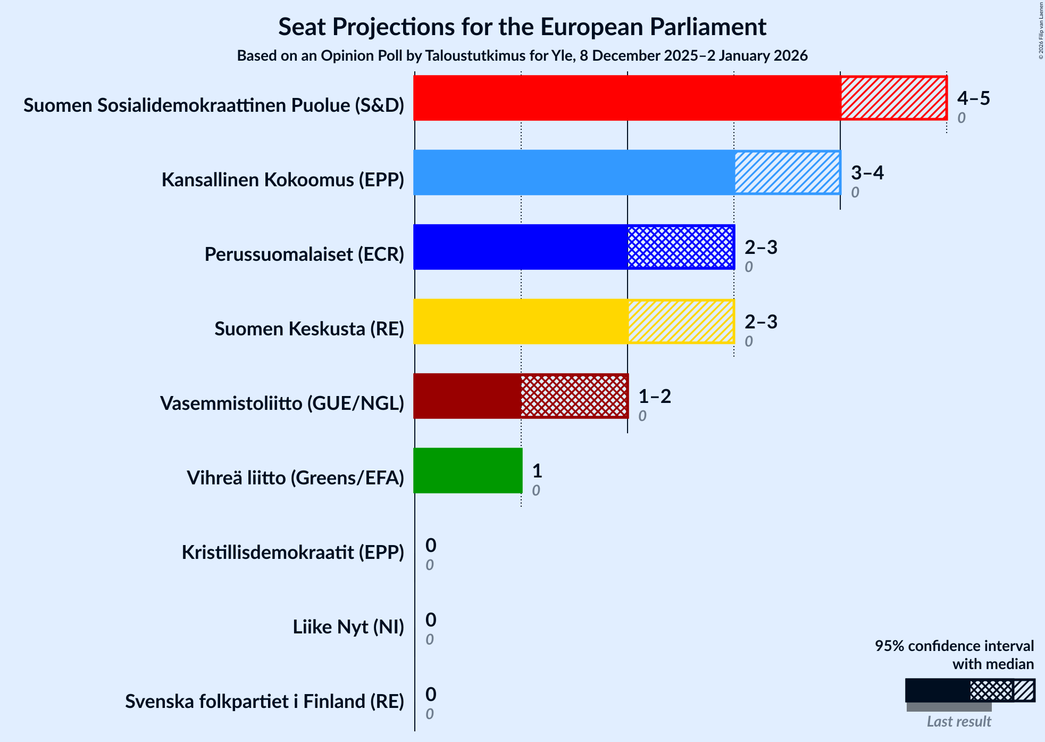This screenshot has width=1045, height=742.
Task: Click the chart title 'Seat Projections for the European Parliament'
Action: [522, 27]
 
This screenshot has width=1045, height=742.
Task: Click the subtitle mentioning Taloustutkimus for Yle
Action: [522, 55]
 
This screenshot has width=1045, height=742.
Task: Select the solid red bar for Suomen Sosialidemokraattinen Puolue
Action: [626, 98]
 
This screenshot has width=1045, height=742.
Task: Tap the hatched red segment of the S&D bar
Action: [893, 98]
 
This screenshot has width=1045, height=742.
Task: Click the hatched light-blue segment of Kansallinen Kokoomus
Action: [787, 172]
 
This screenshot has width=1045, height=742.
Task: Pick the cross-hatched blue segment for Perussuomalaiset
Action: [681, 247]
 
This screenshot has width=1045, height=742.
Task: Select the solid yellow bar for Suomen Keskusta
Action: [520, 321]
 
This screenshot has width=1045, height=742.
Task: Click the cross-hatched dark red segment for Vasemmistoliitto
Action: [574, 396]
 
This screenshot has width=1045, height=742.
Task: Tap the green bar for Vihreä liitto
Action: [467, 471]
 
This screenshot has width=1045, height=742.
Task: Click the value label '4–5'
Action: [973, 98]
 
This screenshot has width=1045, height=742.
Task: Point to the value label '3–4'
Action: [867, 172]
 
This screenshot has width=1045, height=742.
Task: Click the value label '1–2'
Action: [654, 396]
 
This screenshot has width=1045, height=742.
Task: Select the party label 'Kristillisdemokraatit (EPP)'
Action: [293, 553]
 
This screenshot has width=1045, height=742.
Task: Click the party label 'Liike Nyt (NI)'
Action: [348, 627]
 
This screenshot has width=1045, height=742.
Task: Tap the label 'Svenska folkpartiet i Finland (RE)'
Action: [264, 702]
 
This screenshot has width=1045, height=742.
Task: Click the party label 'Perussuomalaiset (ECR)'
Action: [304, 254]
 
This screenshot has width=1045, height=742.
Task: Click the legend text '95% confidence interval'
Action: [954, 646]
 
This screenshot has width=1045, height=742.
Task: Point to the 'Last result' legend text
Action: [959, 721]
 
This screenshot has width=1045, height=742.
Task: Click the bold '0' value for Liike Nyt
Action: [431, 620]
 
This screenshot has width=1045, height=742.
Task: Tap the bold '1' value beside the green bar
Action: [537, 471]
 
